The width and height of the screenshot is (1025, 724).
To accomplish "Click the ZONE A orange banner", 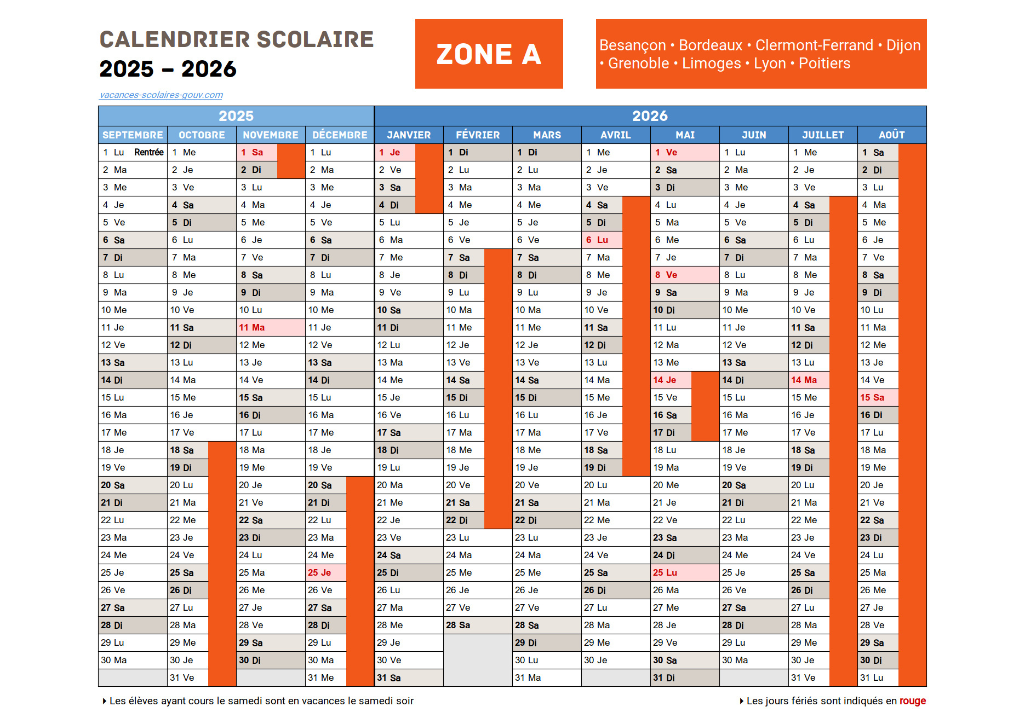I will (489, 54).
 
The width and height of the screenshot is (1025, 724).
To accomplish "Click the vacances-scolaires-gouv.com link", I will (161, 95).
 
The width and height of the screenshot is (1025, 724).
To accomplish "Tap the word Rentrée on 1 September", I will (148, 152).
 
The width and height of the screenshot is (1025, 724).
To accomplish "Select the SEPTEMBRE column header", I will (133, 135).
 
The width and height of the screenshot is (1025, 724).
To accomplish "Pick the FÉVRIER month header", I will (478, 135).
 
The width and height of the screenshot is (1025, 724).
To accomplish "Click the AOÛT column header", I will (891, 135).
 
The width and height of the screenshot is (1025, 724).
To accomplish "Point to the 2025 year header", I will (236, 116).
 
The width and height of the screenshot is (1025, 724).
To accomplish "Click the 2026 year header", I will (650, 116).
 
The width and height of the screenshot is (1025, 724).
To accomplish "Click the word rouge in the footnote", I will (912, 701).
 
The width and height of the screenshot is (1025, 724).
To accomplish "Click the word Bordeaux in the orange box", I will (711, 45).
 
